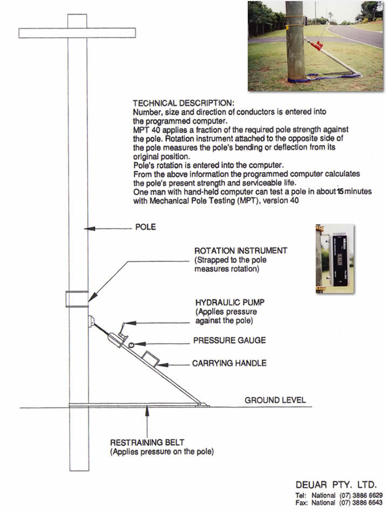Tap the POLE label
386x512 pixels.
pos(145,227)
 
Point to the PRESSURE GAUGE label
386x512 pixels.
pos(229,341)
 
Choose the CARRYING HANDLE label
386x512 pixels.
pos(229,364)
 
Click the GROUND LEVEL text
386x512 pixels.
pos(275,400)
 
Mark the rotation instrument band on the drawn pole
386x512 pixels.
pos(77,298)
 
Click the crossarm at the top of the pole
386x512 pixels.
pos(77,32)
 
